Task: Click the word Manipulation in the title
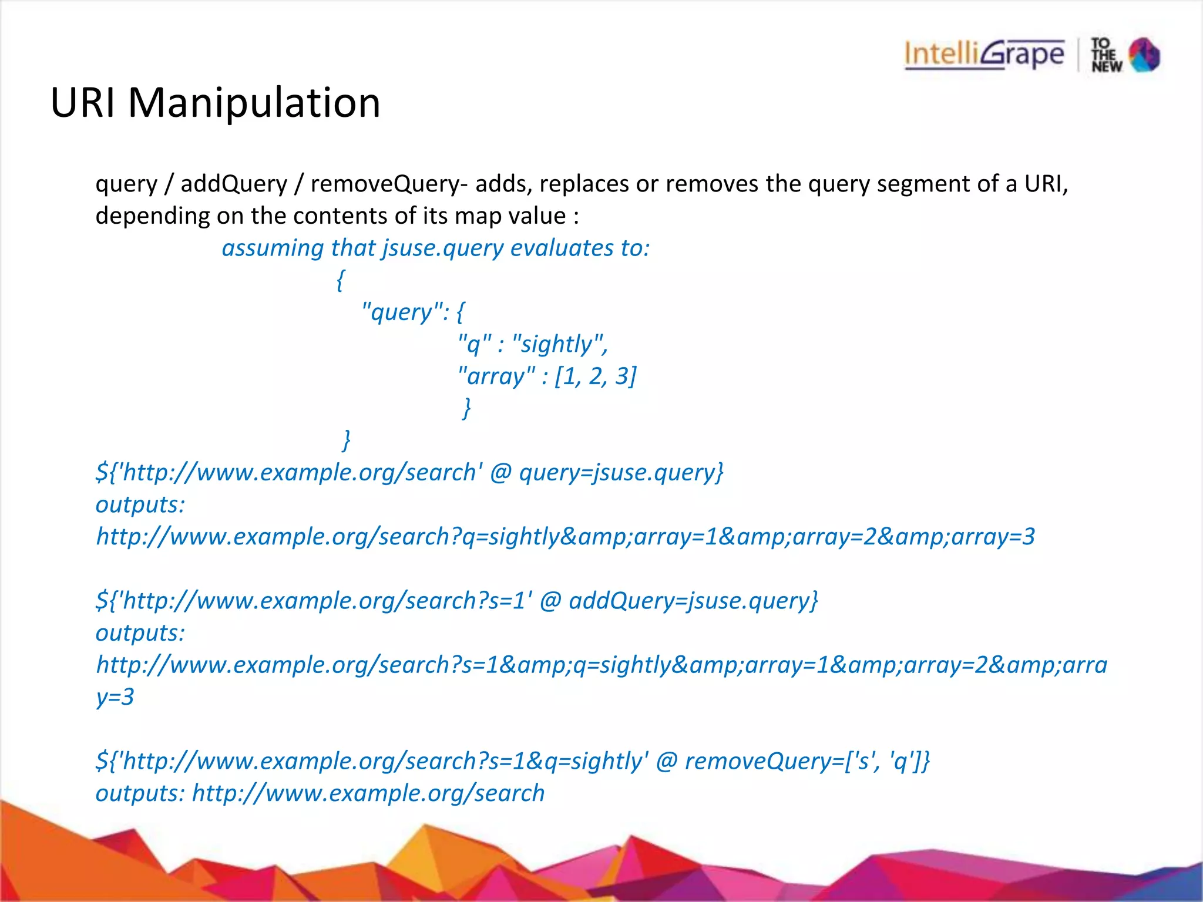pyautogui.click(x=254, y=103)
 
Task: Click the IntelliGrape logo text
pyautogui.click(x=984, y=55)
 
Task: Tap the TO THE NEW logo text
pyautogui.click(x=1106, y=55)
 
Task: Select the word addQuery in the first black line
pyautogui.click(x=234, y=184)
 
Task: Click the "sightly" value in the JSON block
pyautogui.click(x=559, y=344)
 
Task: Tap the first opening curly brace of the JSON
pyautogui.click(x=340, y=280)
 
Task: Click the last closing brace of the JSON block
pyautogui.click(x=347, y=439)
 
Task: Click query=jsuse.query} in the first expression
pyautogui.click(x=621, y=472)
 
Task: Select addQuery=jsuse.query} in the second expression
pyautogui.click(x=693, y=601)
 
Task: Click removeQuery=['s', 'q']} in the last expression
pyautogui.click(x=807, y=761)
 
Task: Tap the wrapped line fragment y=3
pyautogui.click(x=115, y=697)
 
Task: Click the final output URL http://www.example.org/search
pyautogui.click(x=368, y=793)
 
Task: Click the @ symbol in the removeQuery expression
pyautogui.click(x=667, y=761)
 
